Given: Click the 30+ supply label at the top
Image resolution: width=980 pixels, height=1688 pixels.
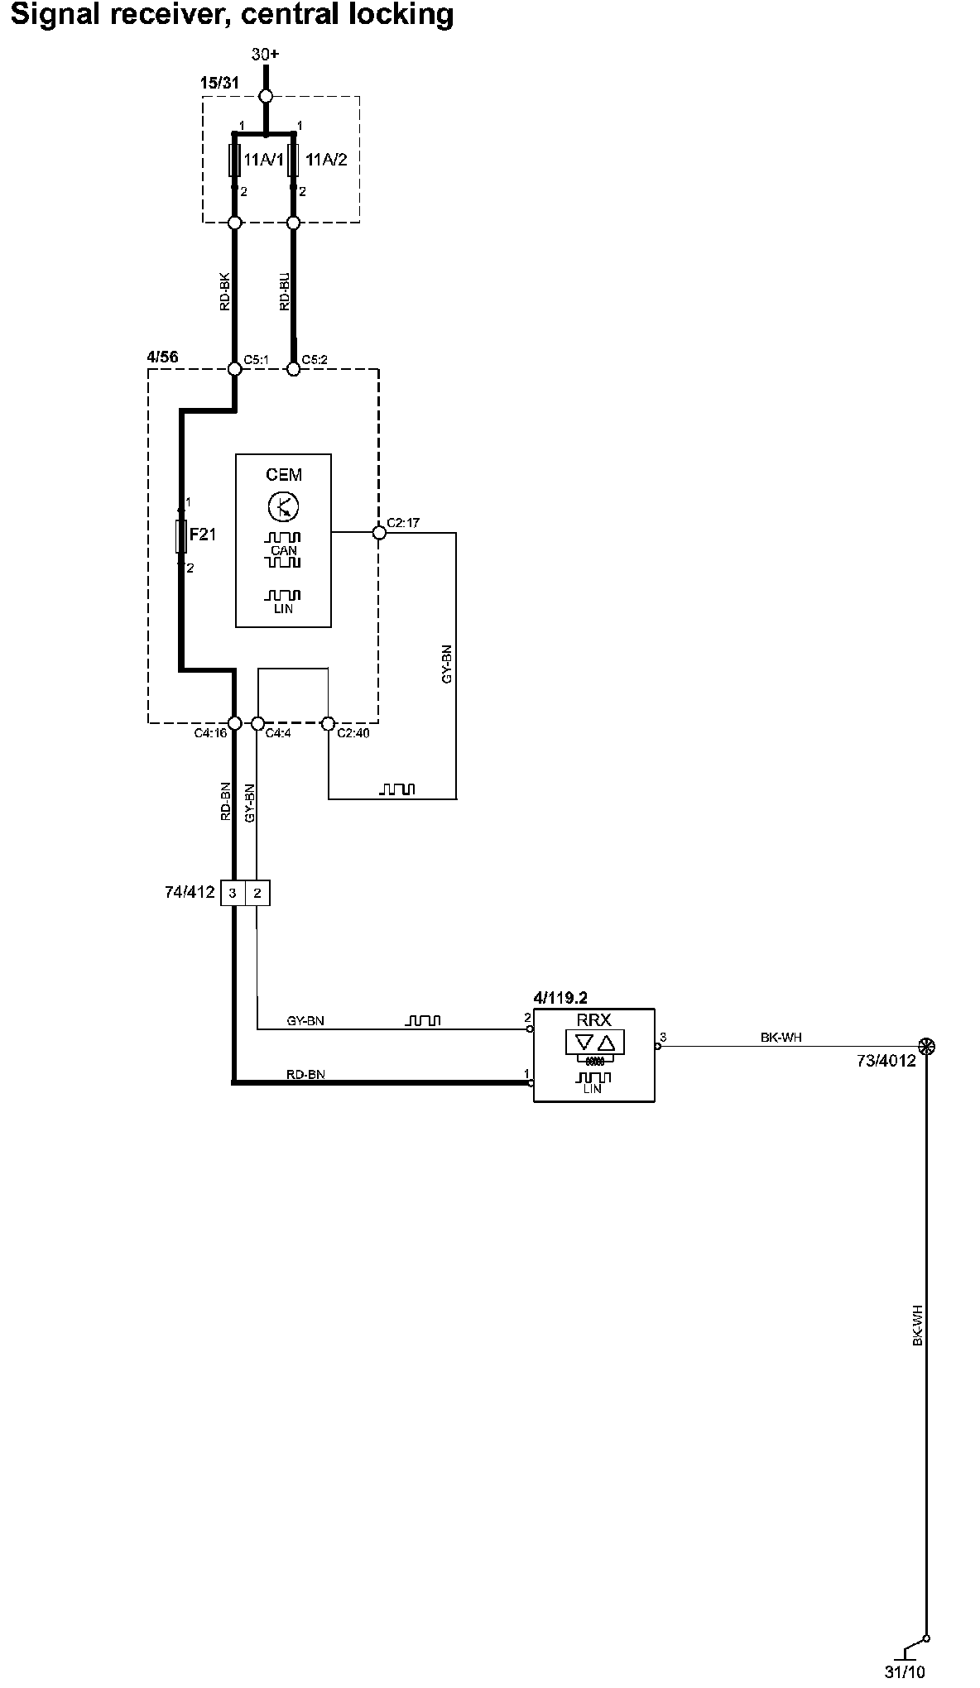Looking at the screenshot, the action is point(266,55).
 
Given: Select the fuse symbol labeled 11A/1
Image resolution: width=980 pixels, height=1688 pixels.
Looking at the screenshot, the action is point(234,160).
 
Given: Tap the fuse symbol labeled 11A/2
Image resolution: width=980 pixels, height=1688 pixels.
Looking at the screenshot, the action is point(293,160).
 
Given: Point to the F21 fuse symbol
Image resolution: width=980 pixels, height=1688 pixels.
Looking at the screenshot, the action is point(181,536).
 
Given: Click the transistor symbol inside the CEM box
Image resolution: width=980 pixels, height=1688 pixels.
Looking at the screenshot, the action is point(284,506).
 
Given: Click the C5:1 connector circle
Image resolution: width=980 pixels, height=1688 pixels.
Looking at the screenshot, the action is point(234,368).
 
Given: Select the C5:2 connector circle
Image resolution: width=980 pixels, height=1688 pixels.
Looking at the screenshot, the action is point(293,368).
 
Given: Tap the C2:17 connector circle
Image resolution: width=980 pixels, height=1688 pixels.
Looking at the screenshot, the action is point(379,534).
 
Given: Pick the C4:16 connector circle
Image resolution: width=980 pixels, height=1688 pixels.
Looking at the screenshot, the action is point(234,723).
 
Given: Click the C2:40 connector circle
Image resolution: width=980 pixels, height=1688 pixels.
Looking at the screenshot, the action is point(328,723).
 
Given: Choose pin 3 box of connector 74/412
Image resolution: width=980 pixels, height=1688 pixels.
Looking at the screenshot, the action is point(233,893).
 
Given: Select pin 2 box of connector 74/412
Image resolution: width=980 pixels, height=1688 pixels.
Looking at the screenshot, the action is point(257,893).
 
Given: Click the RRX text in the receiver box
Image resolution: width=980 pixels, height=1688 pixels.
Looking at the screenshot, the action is point(594,1020).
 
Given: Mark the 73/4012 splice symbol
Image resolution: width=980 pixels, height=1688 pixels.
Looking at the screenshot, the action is point(927,1047).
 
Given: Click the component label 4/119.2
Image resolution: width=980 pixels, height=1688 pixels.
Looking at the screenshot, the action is point(561,999).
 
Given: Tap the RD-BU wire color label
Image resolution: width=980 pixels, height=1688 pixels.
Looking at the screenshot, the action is point(285,291).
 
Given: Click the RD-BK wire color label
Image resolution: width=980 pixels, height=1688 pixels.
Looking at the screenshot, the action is point(225,291).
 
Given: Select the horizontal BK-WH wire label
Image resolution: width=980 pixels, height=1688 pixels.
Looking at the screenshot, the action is point(781,1037).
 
